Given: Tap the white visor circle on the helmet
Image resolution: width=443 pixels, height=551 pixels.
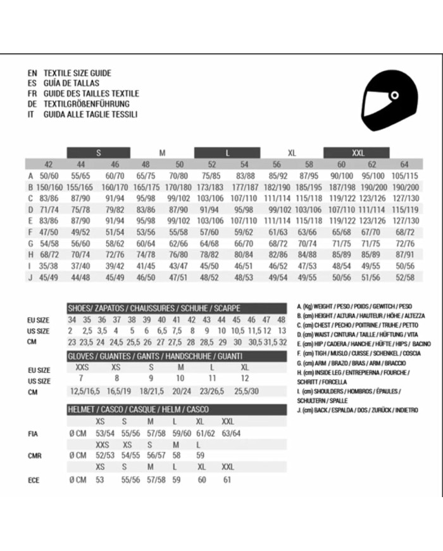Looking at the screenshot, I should tap(394, 96).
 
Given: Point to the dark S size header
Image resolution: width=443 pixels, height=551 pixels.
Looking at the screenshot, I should tap(99, 152).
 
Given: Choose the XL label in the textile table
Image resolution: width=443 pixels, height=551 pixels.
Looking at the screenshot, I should tap(292, 152).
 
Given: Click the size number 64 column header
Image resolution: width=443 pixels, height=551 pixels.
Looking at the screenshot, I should tap(404, 164).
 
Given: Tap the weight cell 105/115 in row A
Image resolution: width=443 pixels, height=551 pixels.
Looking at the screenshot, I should tap(405, 176).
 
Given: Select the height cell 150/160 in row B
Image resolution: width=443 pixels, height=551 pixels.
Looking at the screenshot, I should tap(50, 187).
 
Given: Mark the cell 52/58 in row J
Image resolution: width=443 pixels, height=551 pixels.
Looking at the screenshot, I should tap(405, 277).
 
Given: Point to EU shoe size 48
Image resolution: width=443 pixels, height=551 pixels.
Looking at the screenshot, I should tap(282, 320).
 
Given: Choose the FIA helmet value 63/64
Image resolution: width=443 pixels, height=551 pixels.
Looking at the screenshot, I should tap(231, 433).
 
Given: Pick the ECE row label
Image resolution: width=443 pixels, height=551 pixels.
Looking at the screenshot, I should tap(34, 480).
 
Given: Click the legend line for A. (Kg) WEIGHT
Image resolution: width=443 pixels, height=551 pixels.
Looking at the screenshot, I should tap(354, 306).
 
